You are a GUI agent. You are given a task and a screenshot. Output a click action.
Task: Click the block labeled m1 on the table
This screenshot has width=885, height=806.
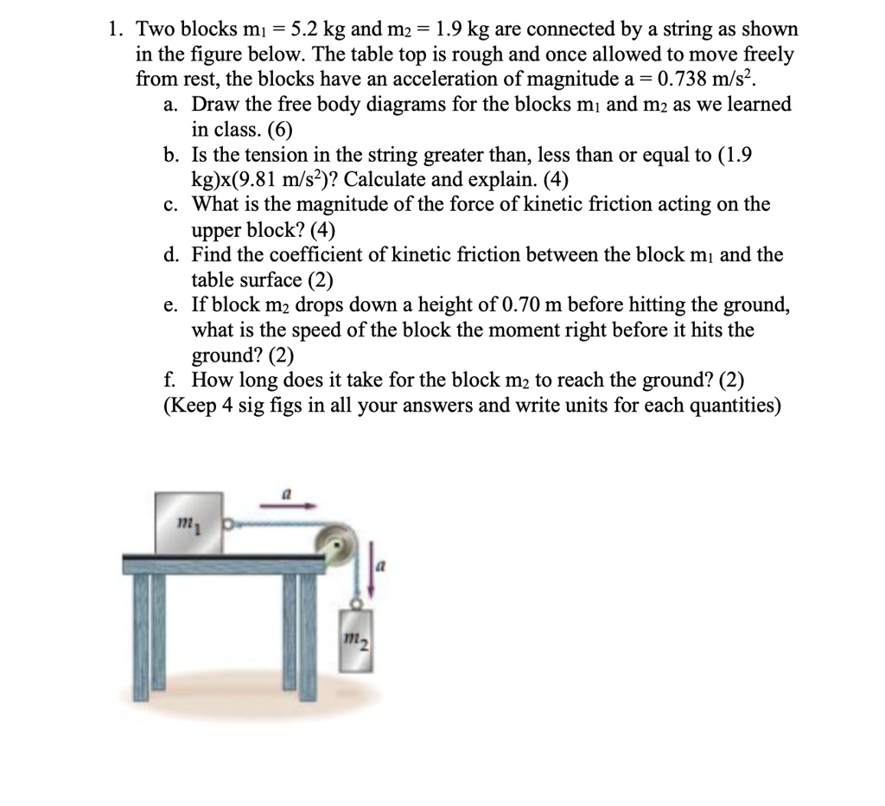pos(188,521)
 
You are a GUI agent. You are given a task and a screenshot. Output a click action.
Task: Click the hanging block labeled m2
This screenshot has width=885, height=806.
pos(358,641)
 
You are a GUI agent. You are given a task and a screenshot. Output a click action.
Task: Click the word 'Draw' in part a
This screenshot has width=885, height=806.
pos(213,105)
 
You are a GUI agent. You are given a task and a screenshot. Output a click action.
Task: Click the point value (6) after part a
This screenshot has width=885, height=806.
pos(281,131)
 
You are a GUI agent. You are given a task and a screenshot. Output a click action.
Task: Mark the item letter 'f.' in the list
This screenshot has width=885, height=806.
pos(170,380)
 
